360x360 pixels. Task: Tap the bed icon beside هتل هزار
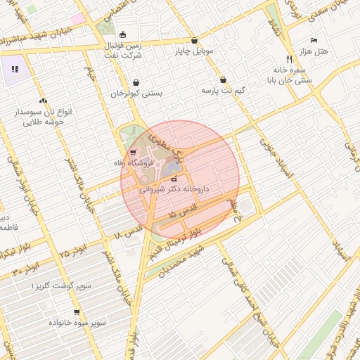tap(314, 41)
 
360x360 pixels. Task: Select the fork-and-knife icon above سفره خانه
tap(288, 59)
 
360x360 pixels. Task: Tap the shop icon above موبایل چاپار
tap(194, 40)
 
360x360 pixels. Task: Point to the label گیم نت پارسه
tap(222, 91)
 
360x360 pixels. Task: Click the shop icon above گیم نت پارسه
tap(223, 79)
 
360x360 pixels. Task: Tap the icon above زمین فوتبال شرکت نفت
tap(123, 34)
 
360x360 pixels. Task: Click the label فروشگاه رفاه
tap(130, 162)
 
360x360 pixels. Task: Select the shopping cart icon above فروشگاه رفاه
tap(133, 152)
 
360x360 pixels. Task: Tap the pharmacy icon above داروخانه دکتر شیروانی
tap(174, 179)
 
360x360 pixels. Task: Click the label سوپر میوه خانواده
tap(77, 322)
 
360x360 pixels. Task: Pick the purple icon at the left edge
tap(15, 69)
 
